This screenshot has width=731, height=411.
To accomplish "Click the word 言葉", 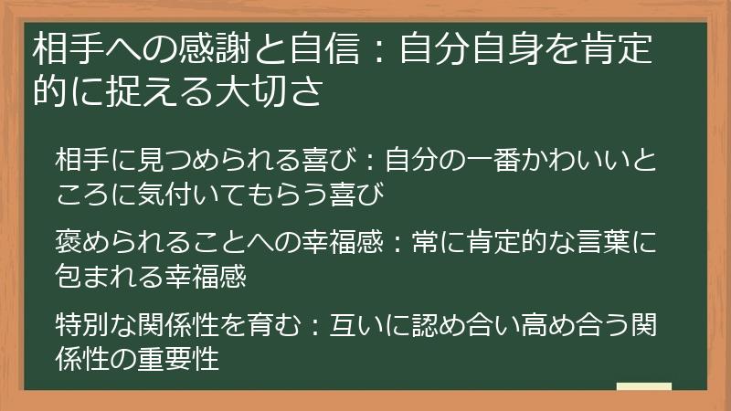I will pyautogui.click(x=584, y=245).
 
